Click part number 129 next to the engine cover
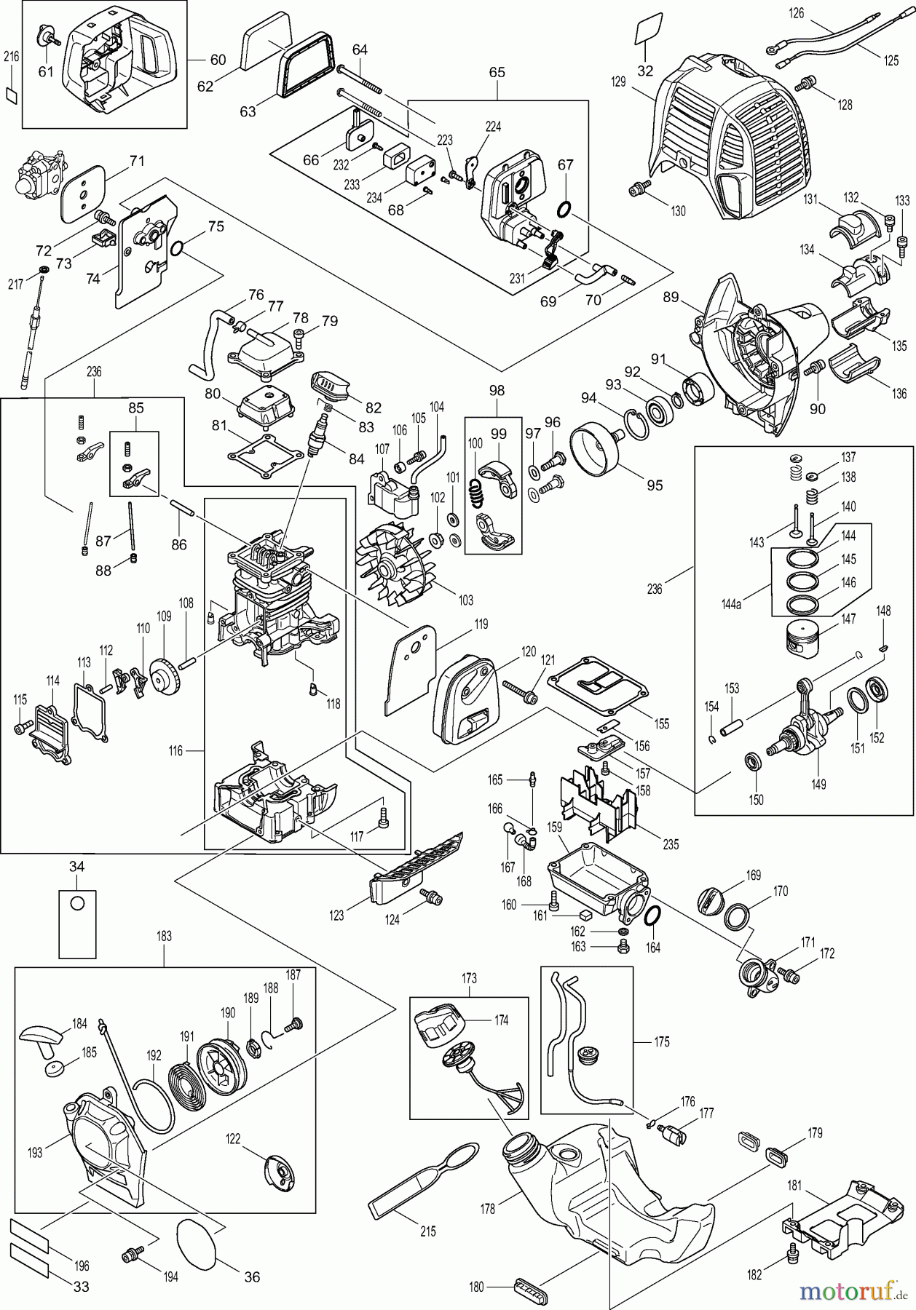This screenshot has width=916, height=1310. [618, 82]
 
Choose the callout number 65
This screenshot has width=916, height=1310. [497, 73]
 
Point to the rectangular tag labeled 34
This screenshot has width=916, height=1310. [77, 922]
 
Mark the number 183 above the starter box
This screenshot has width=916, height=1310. [164, 936]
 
